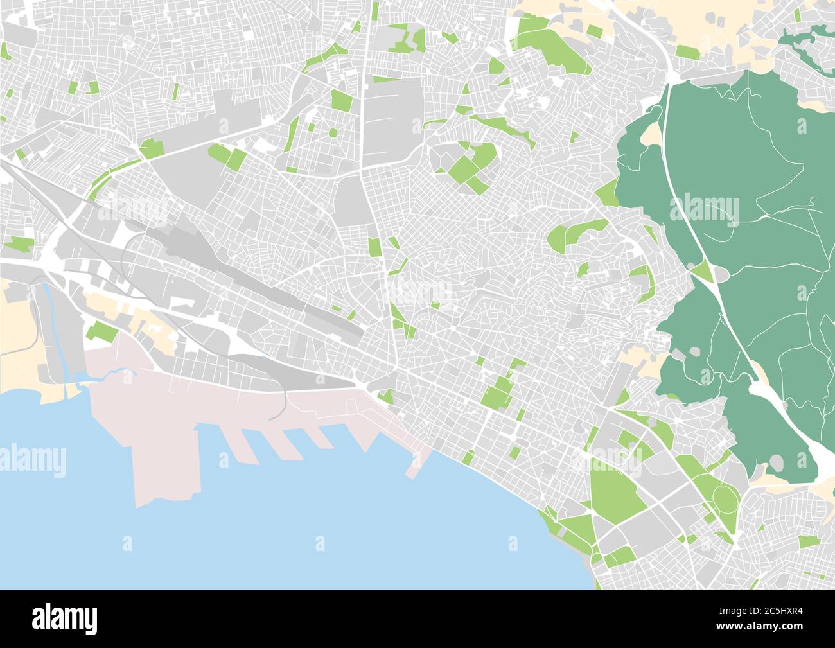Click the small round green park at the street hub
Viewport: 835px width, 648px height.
tap(333, 133)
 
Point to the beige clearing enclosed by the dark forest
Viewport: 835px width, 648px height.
tap(651, 134)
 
